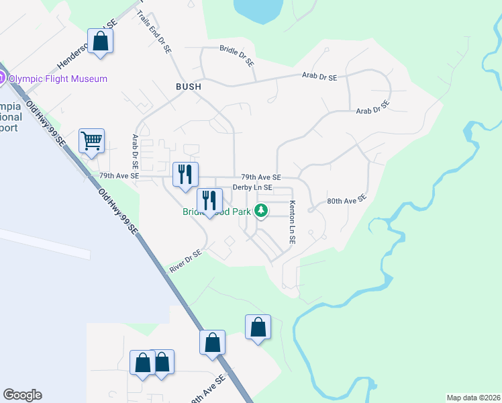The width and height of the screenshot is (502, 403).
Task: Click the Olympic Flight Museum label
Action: pos(58,79)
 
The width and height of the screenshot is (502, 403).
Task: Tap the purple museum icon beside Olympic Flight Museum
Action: pos(2,79)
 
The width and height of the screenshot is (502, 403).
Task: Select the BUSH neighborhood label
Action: pos(189,87)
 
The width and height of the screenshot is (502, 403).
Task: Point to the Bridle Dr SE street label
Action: pos(237,56)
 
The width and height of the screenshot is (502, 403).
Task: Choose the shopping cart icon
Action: pos(91,141)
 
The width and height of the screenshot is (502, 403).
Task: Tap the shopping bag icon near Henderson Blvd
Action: pos(100,41)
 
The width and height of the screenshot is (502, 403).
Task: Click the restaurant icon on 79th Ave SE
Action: pos(185,175)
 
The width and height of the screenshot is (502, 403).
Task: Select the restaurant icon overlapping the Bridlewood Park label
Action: pos(209,200)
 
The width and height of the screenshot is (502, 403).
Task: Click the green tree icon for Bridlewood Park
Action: pos(261,212)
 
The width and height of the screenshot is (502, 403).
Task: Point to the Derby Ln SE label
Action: pos(252,187)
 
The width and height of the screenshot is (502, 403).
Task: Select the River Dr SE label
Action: pos(185,262)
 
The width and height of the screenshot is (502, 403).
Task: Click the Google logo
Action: pos(22,395)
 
